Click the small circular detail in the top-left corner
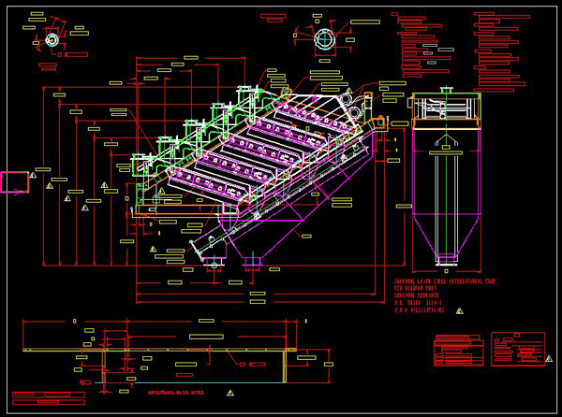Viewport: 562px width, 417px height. tap(52, 40)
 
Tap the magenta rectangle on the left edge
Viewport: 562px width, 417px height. tap(14, 181)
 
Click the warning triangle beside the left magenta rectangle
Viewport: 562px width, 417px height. tap(34, 175)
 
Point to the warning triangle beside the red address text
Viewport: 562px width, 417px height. tap(459, 310)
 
